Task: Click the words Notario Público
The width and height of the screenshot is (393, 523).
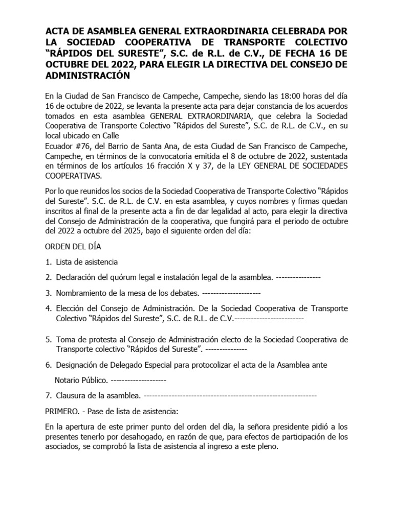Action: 81,381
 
